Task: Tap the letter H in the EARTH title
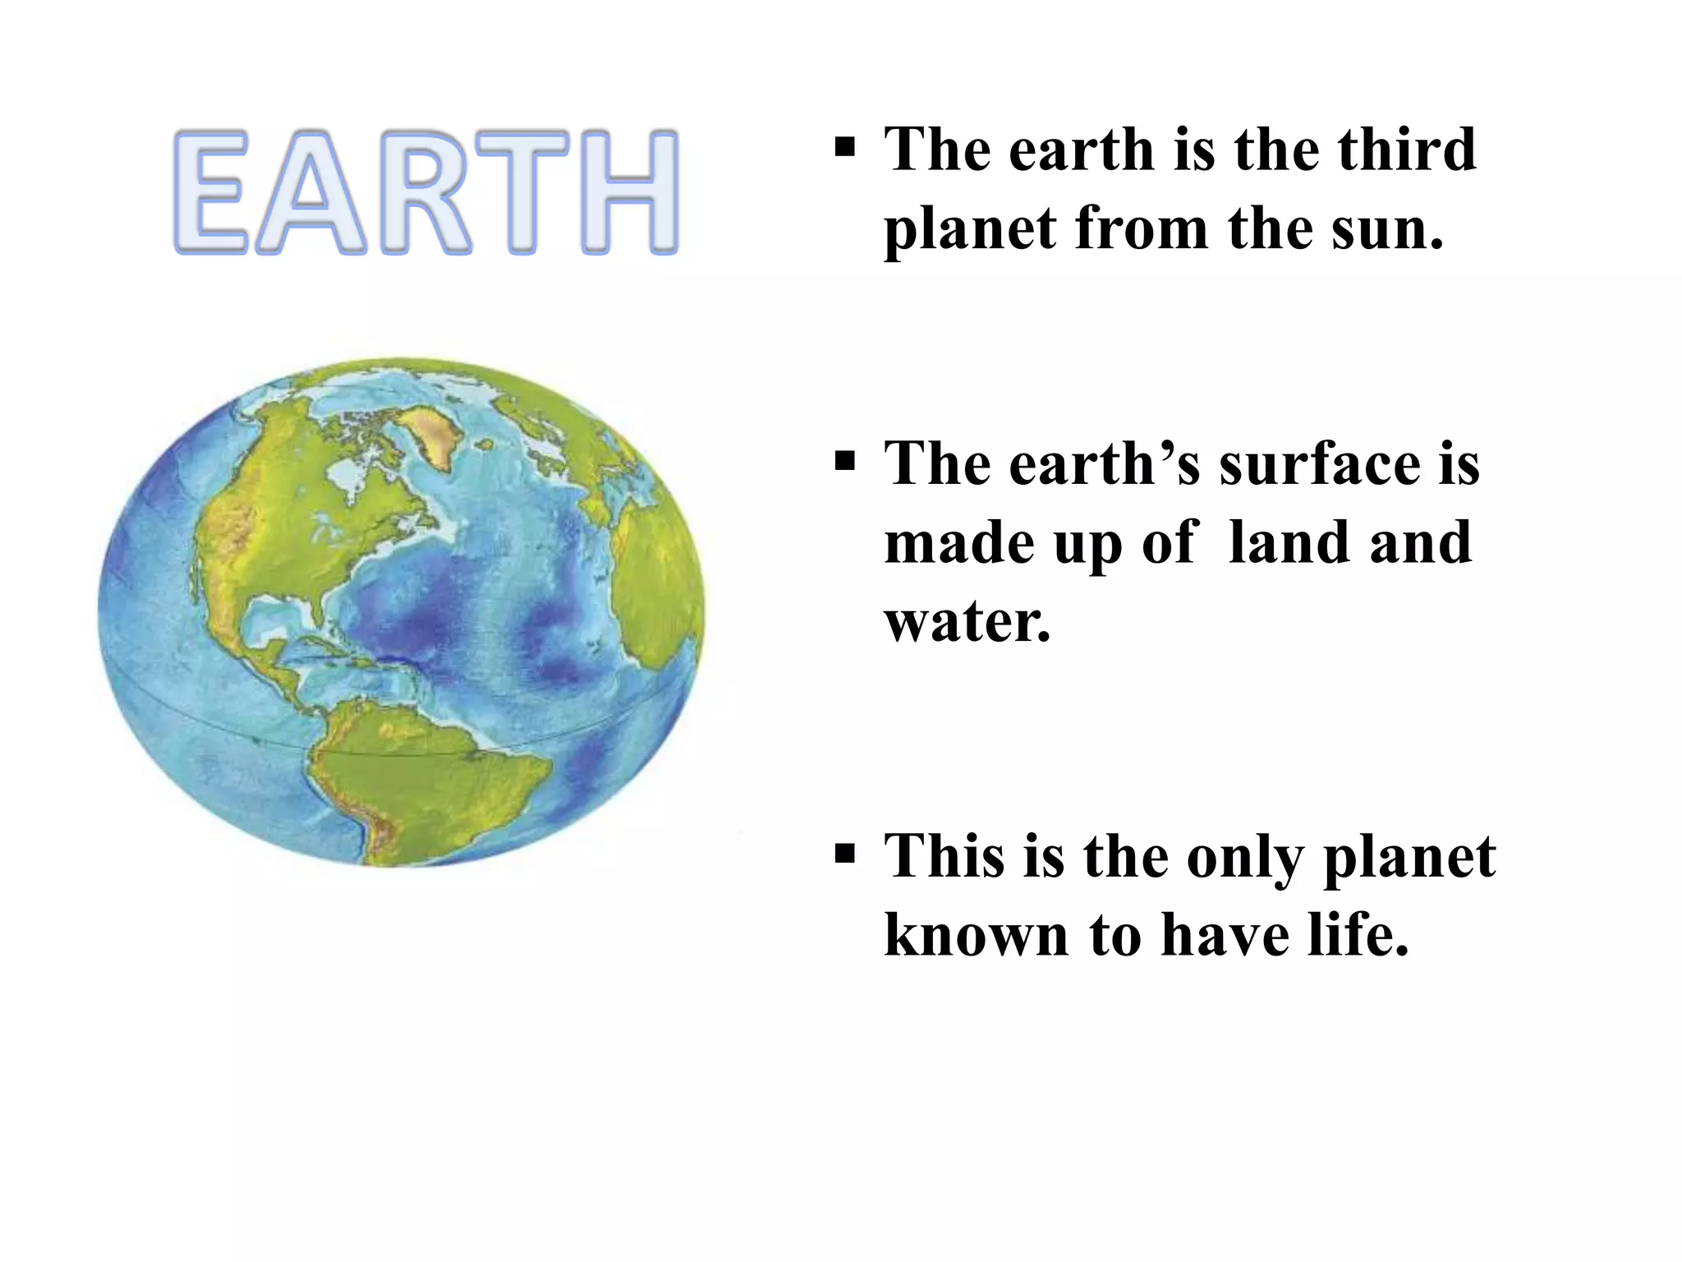coord(628,191)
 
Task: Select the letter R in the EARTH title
coord(425,191)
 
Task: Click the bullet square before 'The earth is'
coord(844,148)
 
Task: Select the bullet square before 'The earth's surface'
coord(844,461)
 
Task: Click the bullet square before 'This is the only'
coord(844,854)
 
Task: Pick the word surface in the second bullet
coord(1322,464)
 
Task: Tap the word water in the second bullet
coord(966,622)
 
